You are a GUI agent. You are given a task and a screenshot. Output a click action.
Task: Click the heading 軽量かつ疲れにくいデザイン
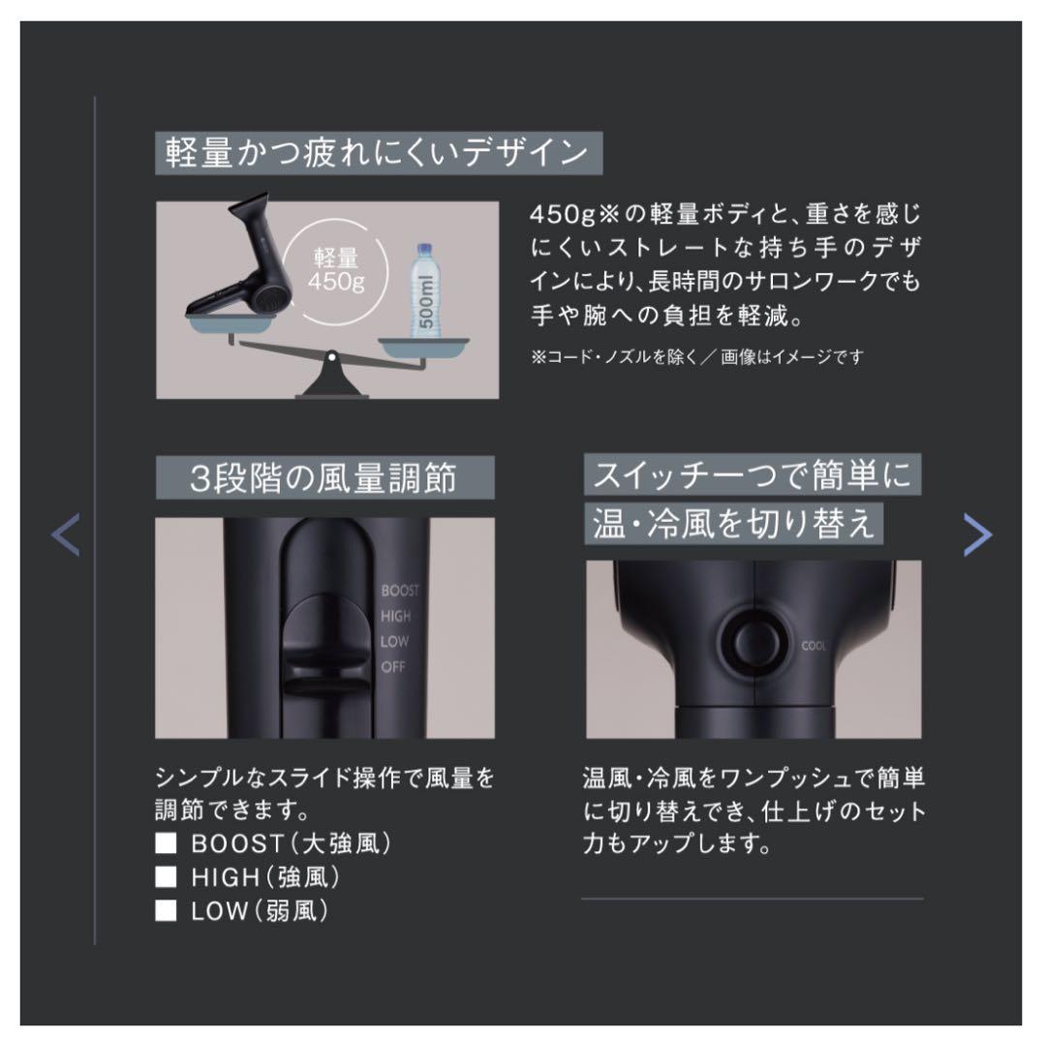pyautogui.click(x=378, y=154)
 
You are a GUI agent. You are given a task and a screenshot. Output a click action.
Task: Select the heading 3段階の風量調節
pyautogui.click(x=323, y=478)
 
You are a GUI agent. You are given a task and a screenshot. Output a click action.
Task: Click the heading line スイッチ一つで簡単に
pyautogui.click(x=751, y=474)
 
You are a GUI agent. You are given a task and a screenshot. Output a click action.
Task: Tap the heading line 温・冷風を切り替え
pyautogui.click(x=733, y=523)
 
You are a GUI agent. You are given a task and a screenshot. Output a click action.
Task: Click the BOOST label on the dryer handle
pyautogui.click(x=400, y=591)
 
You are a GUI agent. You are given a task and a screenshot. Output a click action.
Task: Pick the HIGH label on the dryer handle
pyautogui.click(x=395, y=616)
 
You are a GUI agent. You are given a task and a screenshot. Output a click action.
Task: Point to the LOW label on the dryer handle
pyautogui.click(x=394, y=641)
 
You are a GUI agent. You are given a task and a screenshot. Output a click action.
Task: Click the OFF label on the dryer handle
pyautogui.click(x=393, y=666)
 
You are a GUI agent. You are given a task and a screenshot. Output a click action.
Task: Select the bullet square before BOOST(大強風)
pyautogui.click(x=167, y=843)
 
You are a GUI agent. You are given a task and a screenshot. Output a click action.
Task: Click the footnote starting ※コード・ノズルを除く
pyautogui.click(x=695, y=357)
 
